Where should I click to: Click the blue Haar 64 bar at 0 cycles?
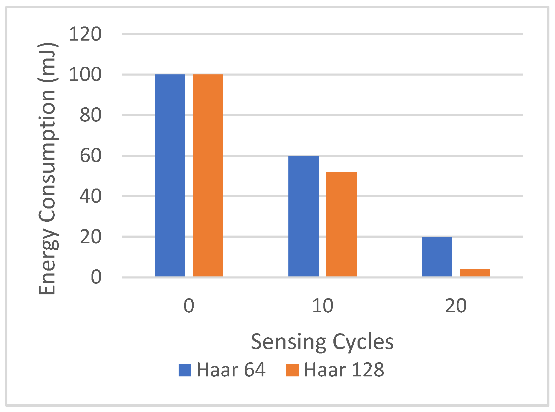pos(170,175)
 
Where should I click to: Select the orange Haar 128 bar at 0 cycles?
pos(208,175)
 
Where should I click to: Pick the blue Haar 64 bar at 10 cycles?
pos(303,216)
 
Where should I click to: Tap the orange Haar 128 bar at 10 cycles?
pos(341,224)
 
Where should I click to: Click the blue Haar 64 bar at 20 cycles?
pos(437,257)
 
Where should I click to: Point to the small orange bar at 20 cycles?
pos(475,273)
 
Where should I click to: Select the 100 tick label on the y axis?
pos(85,74)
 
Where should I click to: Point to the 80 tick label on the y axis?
pos(90,115)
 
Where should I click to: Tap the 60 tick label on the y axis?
pos(90,156)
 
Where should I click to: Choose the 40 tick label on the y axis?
pos(90,196)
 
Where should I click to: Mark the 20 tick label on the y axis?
pos(90,237)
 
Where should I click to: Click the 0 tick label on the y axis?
pos(96,277)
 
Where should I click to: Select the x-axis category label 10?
pos(323,306)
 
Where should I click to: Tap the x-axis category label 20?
pos(456,306)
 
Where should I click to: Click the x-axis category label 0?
pos(189,306)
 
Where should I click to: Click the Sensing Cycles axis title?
pos(322,342)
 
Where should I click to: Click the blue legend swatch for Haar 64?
pos(185,370)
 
